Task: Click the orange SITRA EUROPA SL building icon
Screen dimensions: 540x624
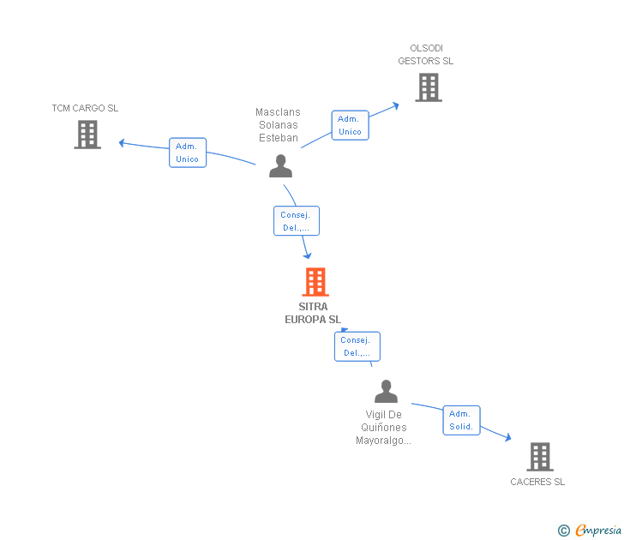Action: click(x=315, y=282)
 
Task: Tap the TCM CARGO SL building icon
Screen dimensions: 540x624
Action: click(x=87, y=135)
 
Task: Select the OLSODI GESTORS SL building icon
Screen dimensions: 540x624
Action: click(x=428, y=87)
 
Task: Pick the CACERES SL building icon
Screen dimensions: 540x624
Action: click(x=539, y=457)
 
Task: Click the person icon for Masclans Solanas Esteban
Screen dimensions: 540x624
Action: click(x=280, y=165)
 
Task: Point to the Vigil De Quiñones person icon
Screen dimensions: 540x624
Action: click(x=387, y=392)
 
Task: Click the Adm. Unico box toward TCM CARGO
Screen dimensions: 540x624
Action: click(x=188, y=153)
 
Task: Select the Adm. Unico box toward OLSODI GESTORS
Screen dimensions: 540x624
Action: click(x=350, y=125)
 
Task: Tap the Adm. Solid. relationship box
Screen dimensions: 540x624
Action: click(x=461, y=420)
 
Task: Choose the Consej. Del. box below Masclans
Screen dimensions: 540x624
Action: click(x=297, y=221)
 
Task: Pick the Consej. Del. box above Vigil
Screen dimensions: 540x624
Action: click(x=357, y=346)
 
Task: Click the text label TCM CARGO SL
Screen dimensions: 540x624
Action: click(x=85, y=108)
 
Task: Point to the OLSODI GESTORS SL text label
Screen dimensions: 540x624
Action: click(x=426, y=55)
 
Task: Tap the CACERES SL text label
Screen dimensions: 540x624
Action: click(x=537, y=482)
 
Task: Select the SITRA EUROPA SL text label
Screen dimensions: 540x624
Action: click(x=313, y=313)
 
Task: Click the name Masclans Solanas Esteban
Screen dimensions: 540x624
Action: click(x=278, y=125)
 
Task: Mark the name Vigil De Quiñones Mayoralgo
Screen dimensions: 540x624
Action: click(x=383, y=428)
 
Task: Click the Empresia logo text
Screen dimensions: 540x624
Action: click(x=598, y=531)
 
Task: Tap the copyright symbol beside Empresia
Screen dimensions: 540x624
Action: click(x=563, y=531)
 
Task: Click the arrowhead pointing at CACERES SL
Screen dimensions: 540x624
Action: click(x=507, y=438)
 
